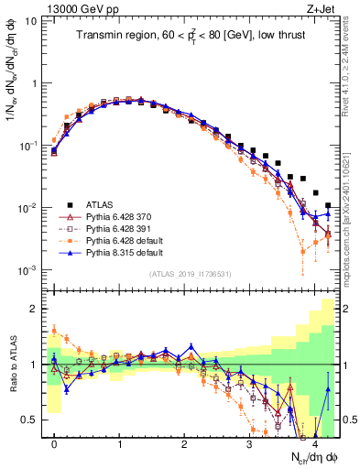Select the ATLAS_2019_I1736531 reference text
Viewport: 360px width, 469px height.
(192, 274)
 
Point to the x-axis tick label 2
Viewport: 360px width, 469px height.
(184, 442)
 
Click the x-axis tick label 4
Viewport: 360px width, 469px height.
(314, 442)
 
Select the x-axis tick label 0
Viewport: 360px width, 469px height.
(54, 442)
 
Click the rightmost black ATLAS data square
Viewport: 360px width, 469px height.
(329, 206)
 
